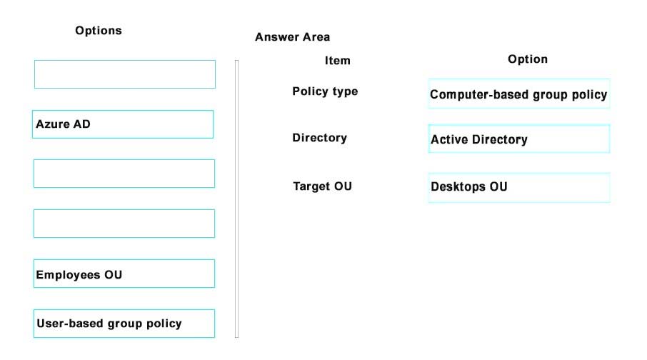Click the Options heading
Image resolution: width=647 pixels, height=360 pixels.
tap(99, 31)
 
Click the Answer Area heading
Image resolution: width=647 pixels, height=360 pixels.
tap(292, 37)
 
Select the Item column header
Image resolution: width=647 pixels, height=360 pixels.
tap(338, 61)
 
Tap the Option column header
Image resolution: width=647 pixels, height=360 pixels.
tap(528, 59)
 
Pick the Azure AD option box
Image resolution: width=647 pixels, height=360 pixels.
tap(123, 124)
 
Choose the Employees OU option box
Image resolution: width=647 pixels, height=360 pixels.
tap(124, 274)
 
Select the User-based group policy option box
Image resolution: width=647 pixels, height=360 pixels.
tap(124, 324)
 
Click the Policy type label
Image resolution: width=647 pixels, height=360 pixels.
tap(325, 91)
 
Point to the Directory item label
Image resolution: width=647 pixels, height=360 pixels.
tap(319, 138)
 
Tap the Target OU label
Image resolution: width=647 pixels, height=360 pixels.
tap(322, 186)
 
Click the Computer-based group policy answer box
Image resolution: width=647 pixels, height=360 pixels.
tap(519, 94)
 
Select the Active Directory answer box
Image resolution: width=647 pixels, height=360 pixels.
tap(519, 139)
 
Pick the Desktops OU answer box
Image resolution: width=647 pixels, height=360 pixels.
tap(519, 187)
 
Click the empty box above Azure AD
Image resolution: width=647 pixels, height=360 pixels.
tap(125, 74)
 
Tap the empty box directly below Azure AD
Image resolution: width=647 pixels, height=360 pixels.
tap(124, 174)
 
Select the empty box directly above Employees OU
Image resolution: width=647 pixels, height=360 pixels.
tap(124, 224)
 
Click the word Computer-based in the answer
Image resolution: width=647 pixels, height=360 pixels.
tap(471, 94)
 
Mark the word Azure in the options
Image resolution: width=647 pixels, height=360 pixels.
tap(51, 124)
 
